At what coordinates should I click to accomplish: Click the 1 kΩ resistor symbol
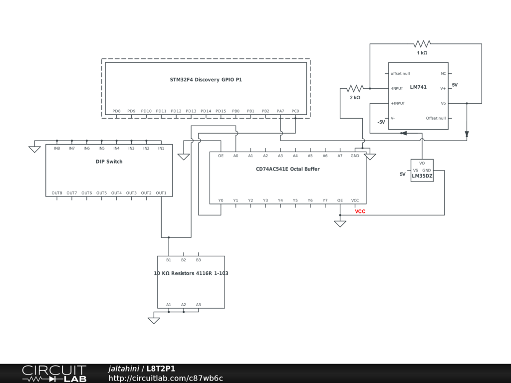(422, 44)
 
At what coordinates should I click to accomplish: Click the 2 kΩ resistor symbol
(355, 88)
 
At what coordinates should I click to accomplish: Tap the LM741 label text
(418, 87)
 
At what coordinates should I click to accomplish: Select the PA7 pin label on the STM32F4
(280, 111)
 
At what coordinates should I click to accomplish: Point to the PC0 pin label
(295, 111)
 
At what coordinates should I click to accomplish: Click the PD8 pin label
(116, 111)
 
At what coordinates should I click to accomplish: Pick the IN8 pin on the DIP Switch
(57, 148)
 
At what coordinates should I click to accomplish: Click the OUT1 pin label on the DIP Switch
(161, 193)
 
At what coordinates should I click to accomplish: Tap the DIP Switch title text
(109, 162)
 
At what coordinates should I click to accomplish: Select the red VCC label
(360, 211)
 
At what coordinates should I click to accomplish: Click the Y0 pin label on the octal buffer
(221, 200)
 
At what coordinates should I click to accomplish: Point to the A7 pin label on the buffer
(340, 156)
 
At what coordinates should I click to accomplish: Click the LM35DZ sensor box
(422, 171)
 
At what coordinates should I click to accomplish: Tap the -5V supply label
(381, 122)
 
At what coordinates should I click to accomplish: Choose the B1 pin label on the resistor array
(169, 260)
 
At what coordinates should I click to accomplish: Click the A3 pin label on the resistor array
(199, 305)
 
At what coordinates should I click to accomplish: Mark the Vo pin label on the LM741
(443, 103)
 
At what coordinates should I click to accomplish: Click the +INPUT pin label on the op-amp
(398, 103)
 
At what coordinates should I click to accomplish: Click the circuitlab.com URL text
(166, 379)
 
